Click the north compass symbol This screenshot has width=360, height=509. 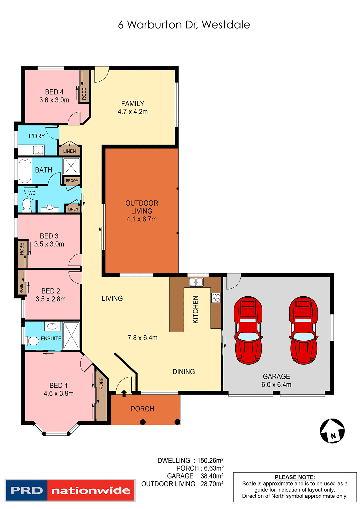(x=332, y=431)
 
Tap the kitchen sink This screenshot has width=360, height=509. (x=196, y=282)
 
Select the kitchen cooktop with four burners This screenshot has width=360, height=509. (x=216, y=298)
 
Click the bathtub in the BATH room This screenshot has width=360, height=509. (x=25, y=171)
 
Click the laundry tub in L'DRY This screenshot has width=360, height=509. (x=38, y=150)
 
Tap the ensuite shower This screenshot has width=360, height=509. (x=71, y=336)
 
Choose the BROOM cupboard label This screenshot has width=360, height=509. (x=72, y=181)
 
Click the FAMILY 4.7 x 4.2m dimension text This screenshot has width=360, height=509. (x=133, y=112)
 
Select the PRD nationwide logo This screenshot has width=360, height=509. (x=70, y=490)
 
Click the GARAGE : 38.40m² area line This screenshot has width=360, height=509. (x=195, y=476)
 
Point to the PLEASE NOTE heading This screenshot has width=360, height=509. (x=295, y=477)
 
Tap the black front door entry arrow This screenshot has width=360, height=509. (x=124, y=393)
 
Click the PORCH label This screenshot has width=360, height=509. (x=142, y=409)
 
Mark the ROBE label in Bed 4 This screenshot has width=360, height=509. (x=84, y=94)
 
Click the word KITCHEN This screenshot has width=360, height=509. (x=196, y=309)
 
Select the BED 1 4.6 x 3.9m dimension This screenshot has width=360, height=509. (x=59, y=394)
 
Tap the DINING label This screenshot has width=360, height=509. (x=184, y=372)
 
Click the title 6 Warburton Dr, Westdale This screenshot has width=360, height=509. (x=184, y=25)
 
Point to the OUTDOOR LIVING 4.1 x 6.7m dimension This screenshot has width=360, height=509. (x=142, y=219)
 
